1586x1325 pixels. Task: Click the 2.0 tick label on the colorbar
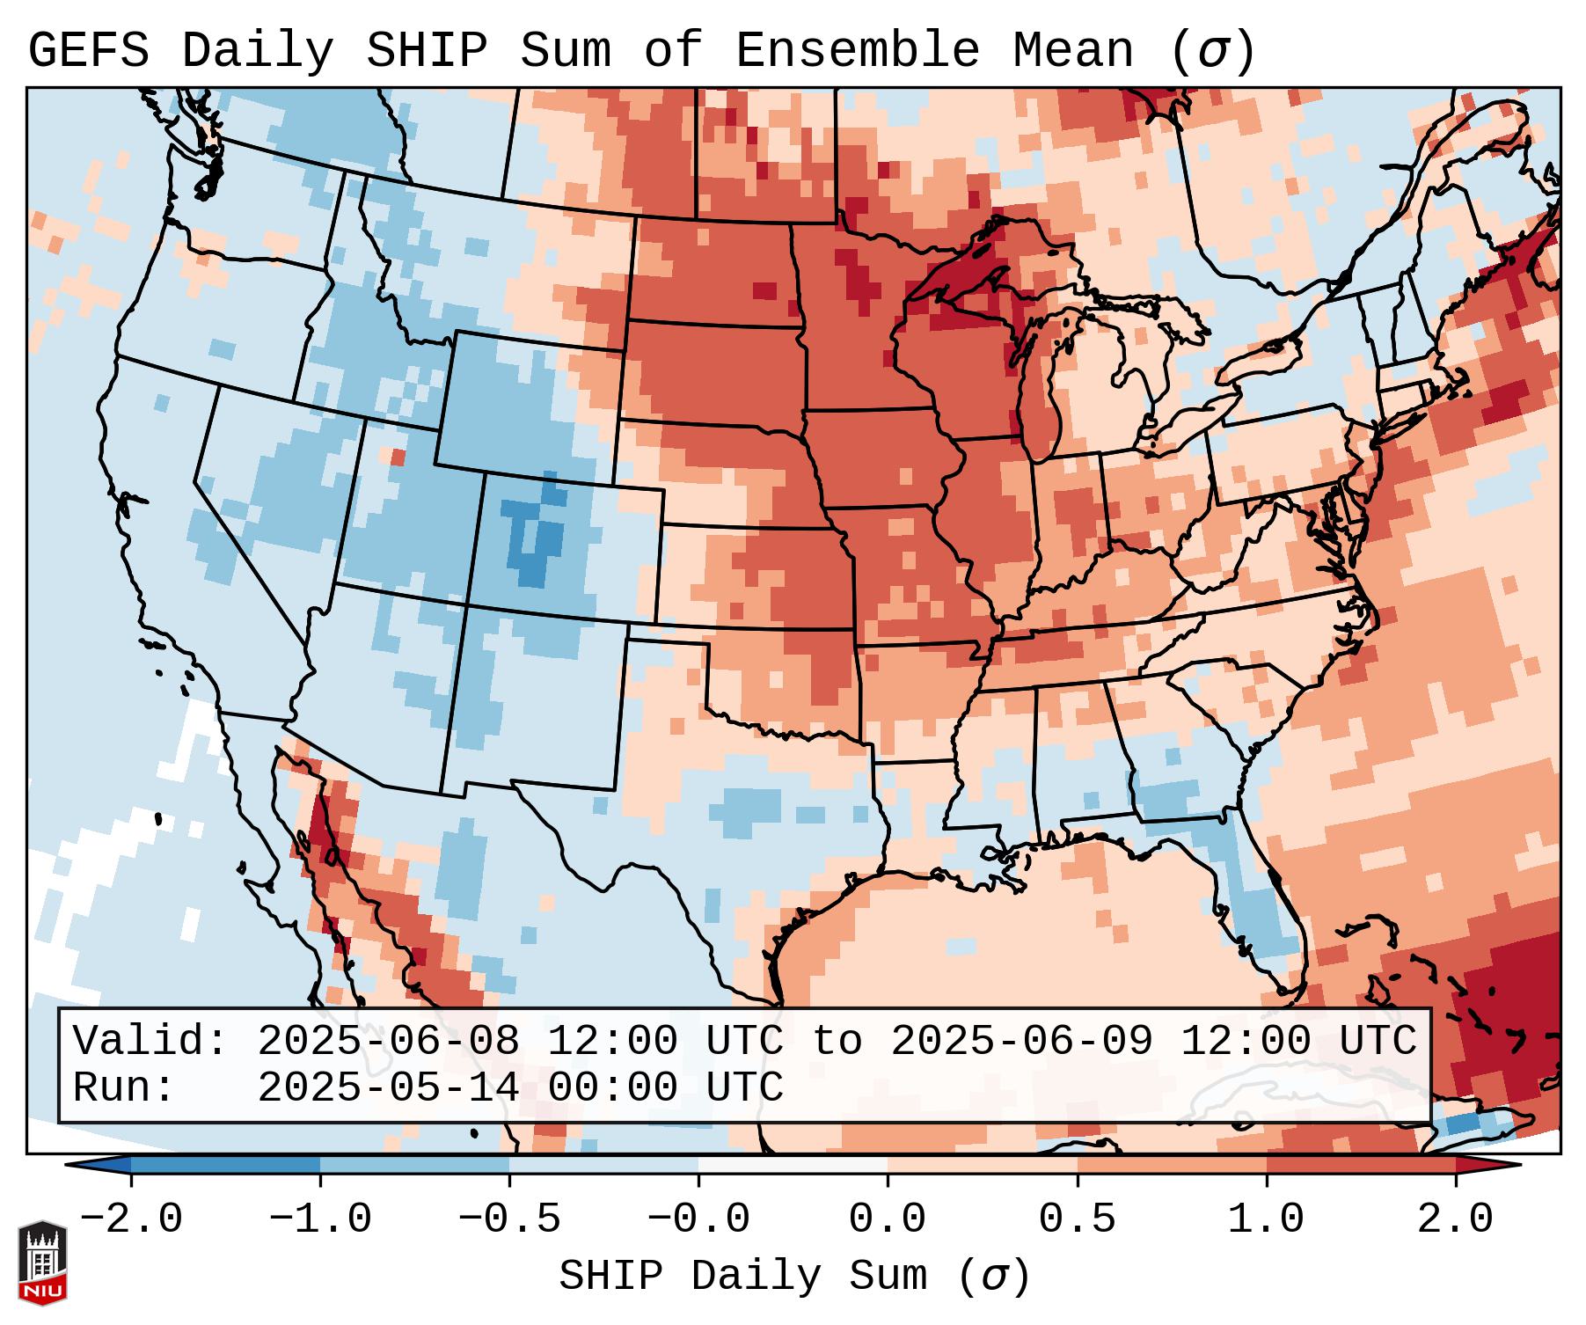click(x=1455, y=1219)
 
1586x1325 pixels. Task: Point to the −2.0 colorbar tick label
click(x=131, y=1219)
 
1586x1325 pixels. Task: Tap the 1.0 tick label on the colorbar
click(x=1266, y=1219)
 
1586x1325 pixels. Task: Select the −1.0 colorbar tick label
click(x=320, y=1219)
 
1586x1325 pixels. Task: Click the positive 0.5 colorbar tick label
click(x=1077, y=1219)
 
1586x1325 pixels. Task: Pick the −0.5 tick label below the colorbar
click(x=509, y=1219)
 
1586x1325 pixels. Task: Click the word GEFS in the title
click(x=89, y=51)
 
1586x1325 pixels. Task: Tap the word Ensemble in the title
click(x=857, y=51)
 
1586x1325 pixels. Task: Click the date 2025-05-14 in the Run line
click(x=388, y=1087)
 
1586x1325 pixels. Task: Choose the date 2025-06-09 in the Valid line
click(x=1021, y=1041)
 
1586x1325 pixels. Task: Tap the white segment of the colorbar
click(x=793, y=1164)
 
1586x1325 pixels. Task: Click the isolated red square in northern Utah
click(x=398, y=458)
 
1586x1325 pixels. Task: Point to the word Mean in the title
click(x=1073, y=51)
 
